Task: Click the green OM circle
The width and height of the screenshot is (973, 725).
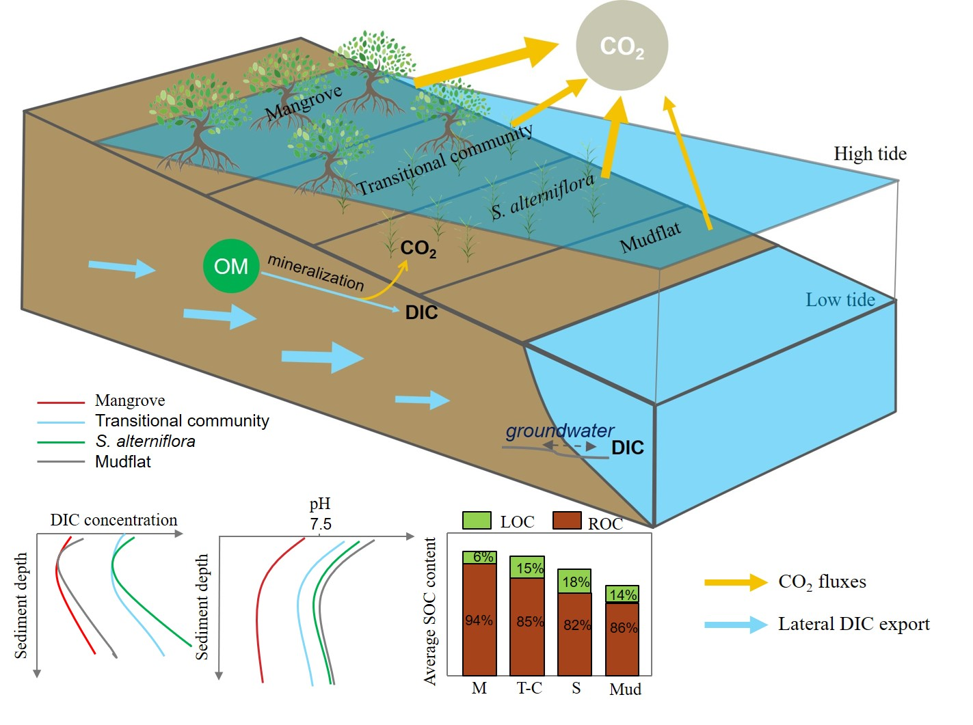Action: coord(231,266)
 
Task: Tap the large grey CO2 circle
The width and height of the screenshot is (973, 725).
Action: coord(622,46)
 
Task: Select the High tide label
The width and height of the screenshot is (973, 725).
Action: coord(870,154)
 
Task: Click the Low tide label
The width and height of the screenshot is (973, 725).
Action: coord(840,299)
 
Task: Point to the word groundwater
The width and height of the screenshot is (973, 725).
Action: coord(559,430)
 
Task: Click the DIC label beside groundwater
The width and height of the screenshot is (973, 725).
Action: coord(627,448)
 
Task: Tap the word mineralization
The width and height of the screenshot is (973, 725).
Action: coord(315,272)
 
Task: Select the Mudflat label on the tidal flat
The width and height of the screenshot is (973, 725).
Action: coord(650,237)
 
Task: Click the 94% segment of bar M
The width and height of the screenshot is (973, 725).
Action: coord(479,619)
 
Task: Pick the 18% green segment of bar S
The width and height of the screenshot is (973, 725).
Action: coord(575,582)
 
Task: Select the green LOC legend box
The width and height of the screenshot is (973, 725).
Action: coord(477,521)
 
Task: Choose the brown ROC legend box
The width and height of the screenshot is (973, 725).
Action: coord(566,521)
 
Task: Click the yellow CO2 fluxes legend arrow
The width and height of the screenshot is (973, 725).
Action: coord(736,582)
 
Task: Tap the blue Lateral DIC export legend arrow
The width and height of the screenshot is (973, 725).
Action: coord(736,625)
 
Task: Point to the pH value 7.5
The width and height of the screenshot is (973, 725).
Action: coord(320,524)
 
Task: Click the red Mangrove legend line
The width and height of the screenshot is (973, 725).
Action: coord(61,402)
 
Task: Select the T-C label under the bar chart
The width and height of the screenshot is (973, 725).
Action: coord(529,688)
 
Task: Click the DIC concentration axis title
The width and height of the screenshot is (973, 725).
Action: coord(114,520)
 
